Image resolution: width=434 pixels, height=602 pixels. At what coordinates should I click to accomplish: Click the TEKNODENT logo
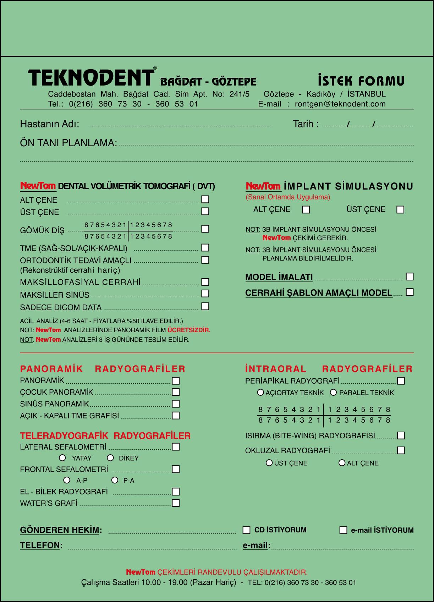[x=91, y=77]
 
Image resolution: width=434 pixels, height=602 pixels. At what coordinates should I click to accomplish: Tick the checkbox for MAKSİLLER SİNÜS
[x=205, y=294]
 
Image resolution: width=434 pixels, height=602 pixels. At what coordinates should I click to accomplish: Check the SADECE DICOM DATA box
[x=205, y=306]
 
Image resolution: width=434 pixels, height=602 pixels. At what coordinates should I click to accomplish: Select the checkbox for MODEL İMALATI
[x=410, y=277]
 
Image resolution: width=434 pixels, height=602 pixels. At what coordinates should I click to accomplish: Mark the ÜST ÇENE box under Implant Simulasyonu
[x=400, y=210]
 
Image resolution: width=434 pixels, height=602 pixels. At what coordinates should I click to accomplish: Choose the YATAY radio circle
[x=62, y=458]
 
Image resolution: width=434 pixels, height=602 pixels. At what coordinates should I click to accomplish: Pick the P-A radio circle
[x=115, y=480]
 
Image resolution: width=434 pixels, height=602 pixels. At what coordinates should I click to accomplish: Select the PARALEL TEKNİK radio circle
[x=333, y=392]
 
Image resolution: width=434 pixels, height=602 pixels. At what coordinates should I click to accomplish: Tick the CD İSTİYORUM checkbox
[x=246, y=530]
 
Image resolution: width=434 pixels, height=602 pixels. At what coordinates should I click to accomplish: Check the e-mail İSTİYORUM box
[x=343, y=530]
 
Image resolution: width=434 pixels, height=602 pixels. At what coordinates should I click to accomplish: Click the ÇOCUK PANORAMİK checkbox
[x=176, y=392]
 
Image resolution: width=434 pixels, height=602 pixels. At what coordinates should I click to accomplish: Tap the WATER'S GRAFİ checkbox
[x=176, y=503]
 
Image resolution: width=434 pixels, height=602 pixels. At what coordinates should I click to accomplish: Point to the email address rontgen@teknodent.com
[x=340, y=104]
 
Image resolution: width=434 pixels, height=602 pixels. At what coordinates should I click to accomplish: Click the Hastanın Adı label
[x=49, y=124]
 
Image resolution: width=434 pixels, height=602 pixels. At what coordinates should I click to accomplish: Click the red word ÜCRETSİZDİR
[x=189, y=330]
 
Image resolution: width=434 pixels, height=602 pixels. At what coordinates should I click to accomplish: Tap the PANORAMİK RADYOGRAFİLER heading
[x=103, y=369]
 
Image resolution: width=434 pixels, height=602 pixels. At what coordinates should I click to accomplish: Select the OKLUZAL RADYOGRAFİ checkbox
[x=401, y=450]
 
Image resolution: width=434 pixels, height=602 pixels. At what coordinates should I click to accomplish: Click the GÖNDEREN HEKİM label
[x=61, y=530]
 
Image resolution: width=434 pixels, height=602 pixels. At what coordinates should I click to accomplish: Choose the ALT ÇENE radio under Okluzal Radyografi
[x=342, y=463]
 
